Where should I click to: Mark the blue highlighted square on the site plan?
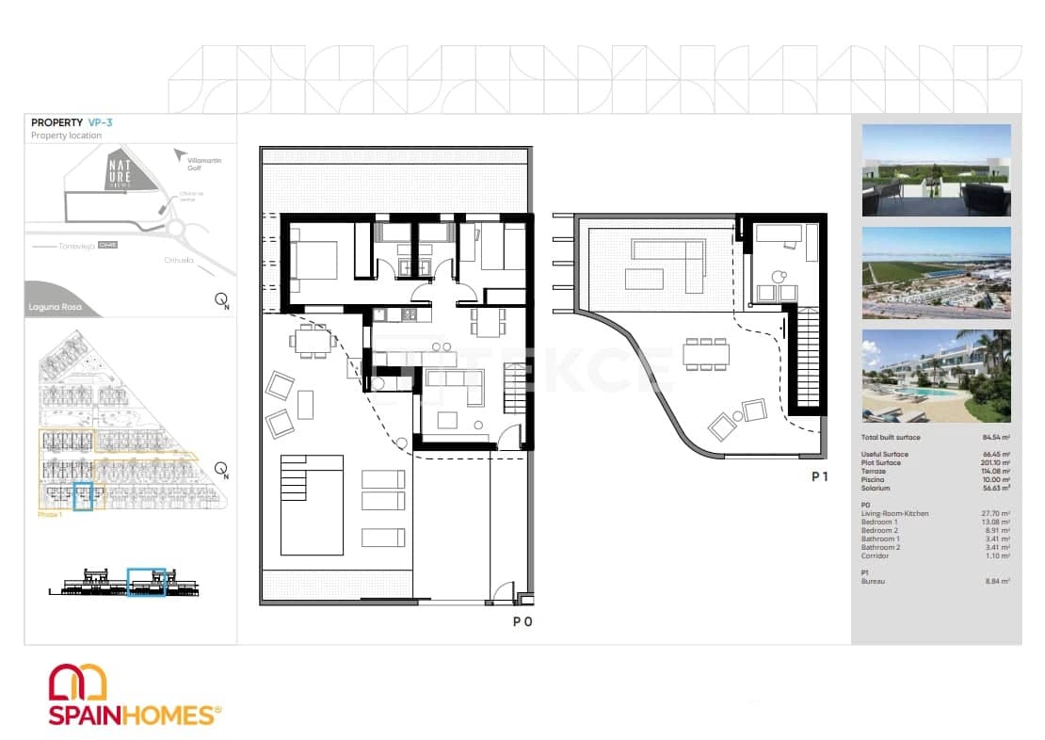[x=84, y=495]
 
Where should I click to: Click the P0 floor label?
[x=522, y=621]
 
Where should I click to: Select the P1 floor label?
[x=820, y=477]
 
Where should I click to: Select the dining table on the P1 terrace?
[x=705, y=355]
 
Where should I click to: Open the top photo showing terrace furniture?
[x=936, y=170]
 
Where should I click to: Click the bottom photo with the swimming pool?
[x=936, y=376]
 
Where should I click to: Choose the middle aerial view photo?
[x=936, y=273]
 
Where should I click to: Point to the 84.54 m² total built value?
[x=995, y=438]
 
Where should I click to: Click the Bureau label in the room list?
[x=873, y=582]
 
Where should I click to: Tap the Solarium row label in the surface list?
[x=875, y=489]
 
